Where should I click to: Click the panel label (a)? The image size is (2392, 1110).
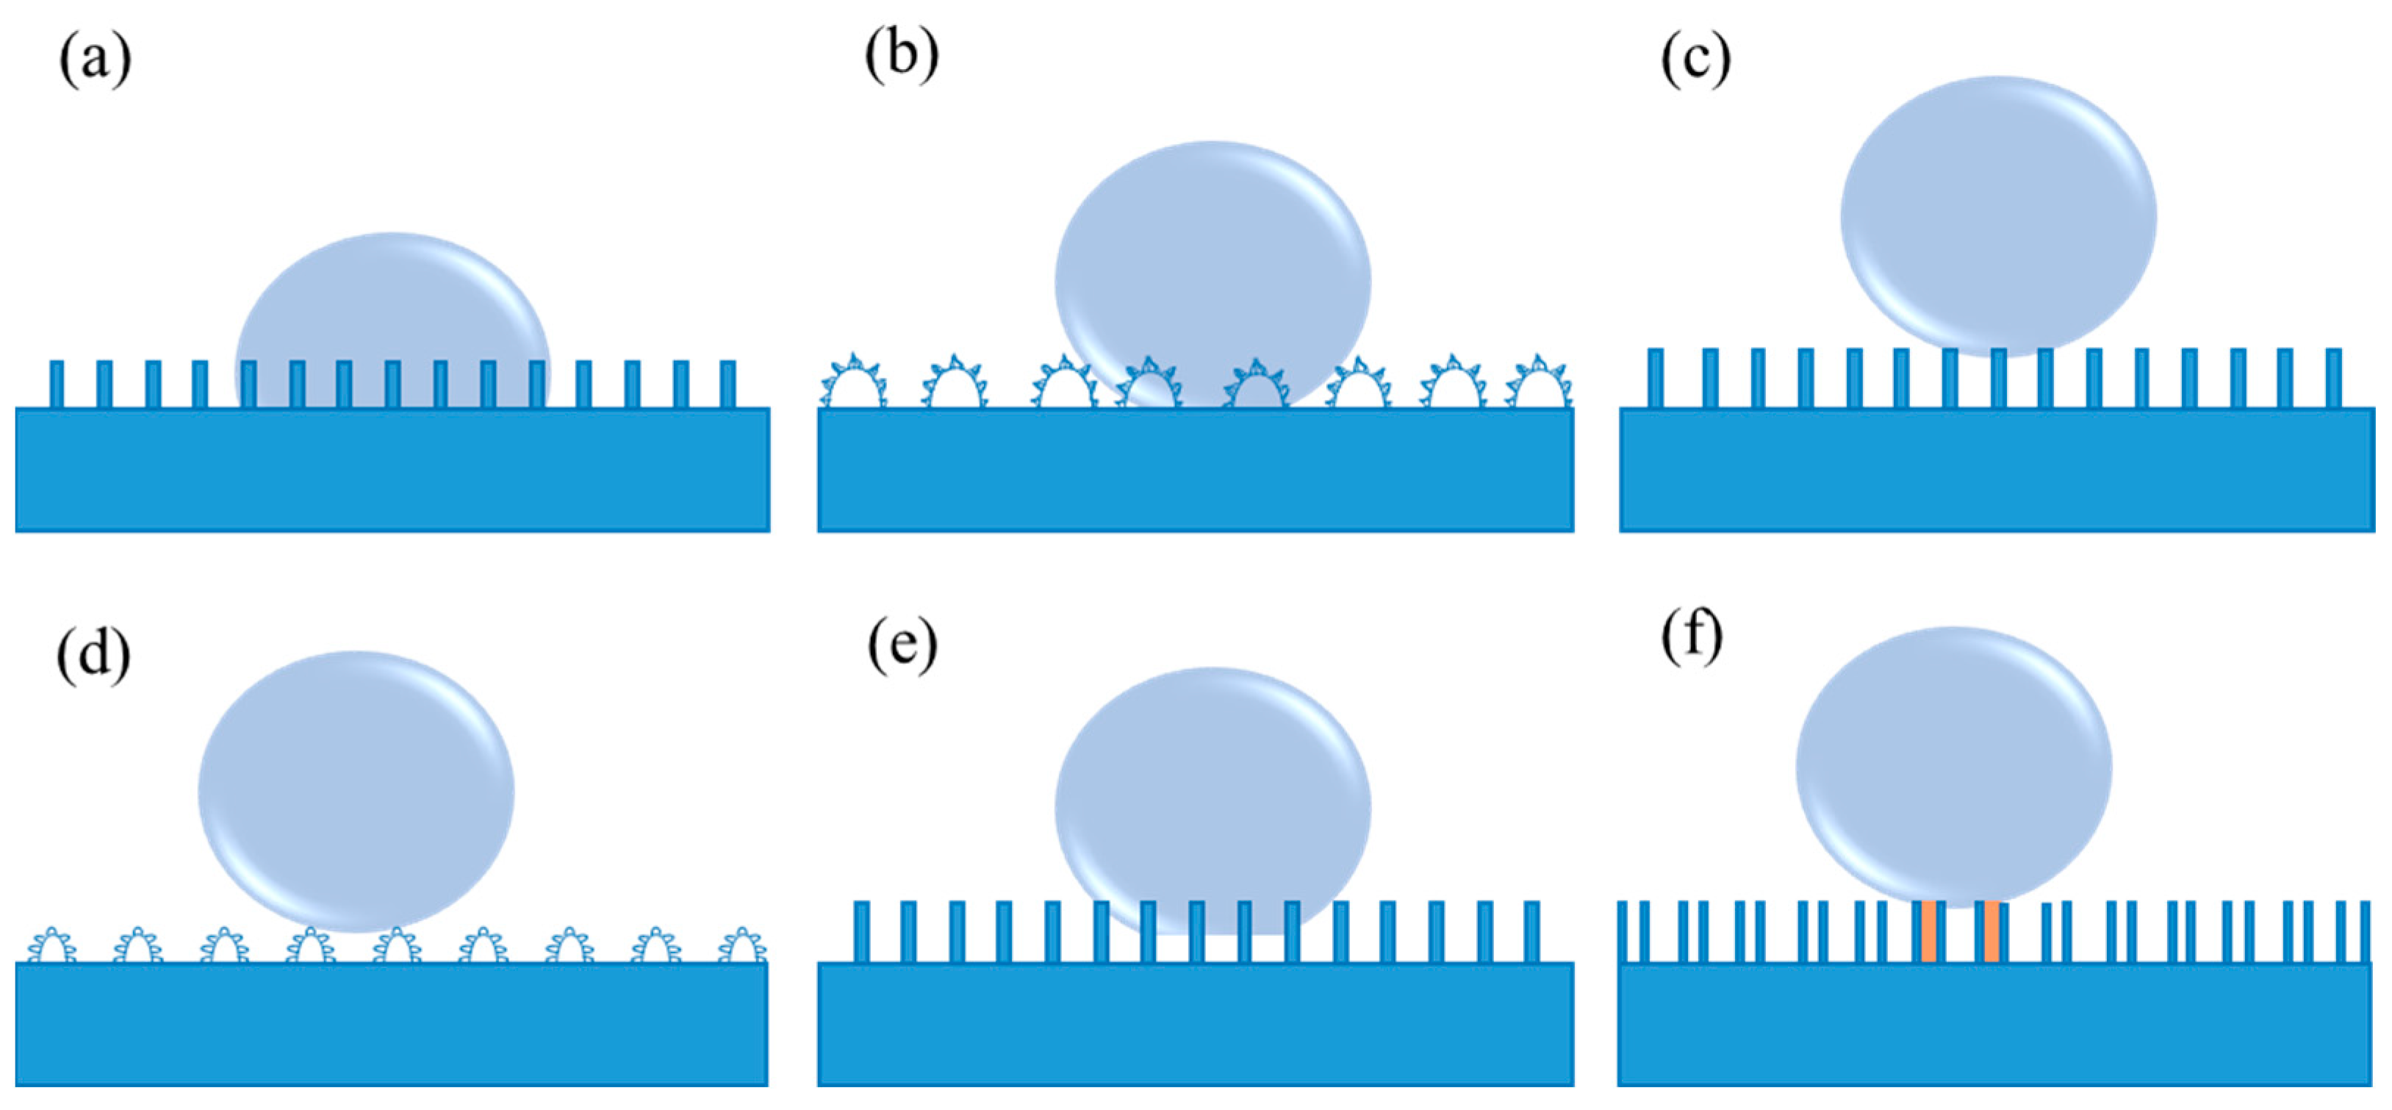click(x=95, y=61)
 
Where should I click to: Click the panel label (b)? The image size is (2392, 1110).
click(x=901, y=56)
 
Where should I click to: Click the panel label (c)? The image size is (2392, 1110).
click(x=1695, y=60)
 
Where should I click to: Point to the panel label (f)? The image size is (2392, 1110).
click(x=1691, y=638)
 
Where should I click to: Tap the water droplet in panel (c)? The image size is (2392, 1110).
click(x=1998, y=215)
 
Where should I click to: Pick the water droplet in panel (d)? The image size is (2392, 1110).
click(x=356, y=792)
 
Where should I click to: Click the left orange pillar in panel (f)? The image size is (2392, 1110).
click(x=1928, y=931)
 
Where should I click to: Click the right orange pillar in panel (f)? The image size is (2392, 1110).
click(x=1991, y=931)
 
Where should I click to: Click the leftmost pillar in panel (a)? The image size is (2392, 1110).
click(x=57, y=384)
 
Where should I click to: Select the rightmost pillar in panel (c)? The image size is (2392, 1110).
click(x=2333, y=377)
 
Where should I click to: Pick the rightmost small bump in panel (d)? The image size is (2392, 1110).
click(x=743, y=945)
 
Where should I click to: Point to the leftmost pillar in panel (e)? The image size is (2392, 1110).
click(x=861, y=931)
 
